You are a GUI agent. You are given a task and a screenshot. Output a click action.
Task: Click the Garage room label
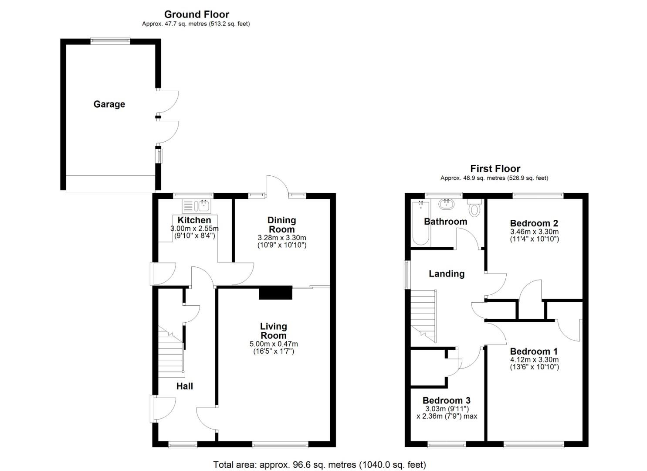109,104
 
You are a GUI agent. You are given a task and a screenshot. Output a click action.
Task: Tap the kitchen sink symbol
196,205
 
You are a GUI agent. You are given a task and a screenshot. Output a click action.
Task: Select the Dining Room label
281,225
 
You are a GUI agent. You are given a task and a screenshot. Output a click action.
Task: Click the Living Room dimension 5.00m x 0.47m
273,344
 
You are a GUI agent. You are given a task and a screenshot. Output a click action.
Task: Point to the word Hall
184,386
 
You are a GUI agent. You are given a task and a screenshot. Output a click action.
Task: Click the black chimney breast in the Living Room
275,293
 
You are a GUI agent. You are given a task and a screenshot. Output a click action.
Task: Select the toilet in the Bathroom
474,208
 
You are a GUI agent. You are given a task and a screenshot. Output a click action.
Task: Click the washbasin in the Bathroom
447,204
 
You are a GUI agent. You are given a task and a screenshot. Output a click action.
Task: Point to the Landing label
446,274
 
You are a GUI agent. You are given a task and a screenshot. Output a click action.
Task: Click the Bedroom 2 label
534,223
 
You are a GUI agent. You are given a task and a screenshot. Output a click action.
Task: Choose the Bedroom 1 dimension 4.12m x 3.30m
534,360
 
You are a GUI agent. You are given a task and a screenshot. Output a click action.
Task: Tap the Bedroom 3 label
446,400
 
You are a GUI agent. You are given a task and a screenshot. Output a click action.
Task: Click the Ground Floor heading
196,14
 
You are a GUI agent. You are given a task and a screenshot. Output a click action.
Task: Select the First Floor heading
495,169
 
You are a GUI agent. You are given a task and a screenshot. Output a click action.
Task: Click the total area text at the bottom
319,464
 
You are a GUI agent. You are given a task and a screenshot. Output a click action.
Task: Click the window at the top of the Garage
110,41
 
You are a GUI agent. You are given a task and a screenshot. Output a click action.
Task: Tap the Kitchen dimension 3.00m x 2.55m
194,229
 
